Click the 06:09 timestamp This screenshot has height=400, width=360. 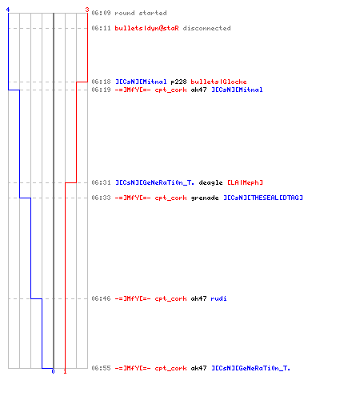click(x=101, y=13)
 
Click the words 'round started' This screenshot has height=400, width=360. click(x=141, y=13)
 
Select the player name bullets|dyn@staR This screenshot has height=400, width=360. click(x=147, y=28)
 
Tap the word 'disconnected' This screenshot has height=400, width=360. click(x=207, y=28)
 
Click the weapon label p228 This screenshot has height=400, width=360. click(x=178, y=82)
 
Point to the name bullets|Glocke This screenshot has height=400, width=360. click(x=218, y=82)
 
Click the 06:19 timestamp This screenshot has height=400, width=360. click(x=101, y=90)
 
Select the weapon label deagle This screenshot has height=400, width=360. click(x=210, y=183)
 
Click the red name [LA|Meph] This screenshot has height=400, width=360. click(x=245, y=182)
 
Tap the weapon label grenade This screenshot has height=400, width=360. click(x=205, y=198)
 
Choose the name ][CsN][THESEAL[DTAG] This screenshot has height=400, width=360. click(x=263, y=198)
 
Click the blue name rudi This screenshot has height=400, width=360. click(x=218, y=298)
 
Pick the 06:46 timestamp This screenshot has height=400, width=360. click(x=101, y=298)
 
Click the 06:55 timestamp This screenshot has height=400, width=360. click(x=101, y=368)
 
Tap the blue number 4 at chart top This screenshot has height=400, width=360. click(x=8, y=10)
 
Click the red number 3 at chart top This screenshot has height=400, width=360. click(x=87, y=10)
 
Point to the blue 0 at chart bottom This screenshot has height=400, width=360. click(x=53, y=371)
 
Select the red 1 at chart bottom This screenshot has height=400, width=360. click(x=65, y=371)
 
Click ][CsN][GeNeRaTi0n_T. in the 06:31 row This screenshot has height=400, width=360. click(x=154, y=182)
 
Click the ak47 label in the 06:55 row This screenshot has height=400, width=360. click(x=198, y=368)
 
